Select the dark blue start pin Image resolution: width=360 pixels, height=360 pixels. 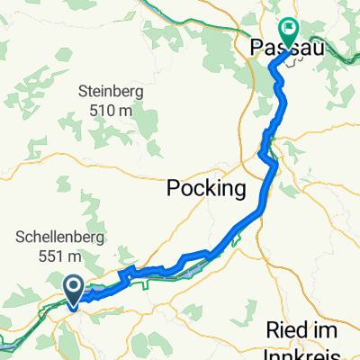tap(74, 287)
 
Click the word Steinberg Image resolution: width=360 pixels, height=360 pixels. tap(112, 91)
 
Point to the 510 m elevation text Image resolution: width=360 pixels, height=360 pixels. tap(112, 110)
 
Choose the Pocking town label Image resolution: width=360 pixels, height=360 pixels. tap(206, 189)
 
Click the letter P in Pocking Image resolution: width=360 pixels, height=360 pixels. tap(173, 189)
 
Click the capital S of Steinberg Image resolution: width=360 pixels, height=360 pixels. tap(84, 91)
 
